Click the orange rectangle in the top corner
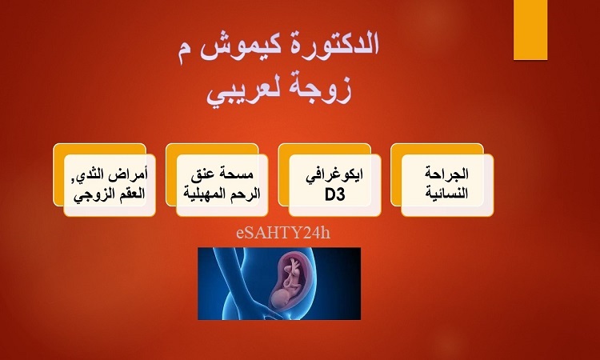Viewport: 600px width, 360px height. pos(530,30)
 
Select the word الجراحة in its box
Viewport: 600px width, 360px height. pos(446,174)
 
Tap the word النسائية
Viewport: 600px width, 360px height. pos(446,193)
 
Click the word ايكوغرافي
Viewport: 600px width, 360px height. pos(334,175)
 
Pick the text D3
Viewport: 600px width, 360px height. pos(335,195)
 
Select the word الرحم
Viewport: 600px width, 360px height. pos(248,194)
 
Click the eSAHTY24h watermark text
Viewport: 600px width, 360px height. pos(283,233)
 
